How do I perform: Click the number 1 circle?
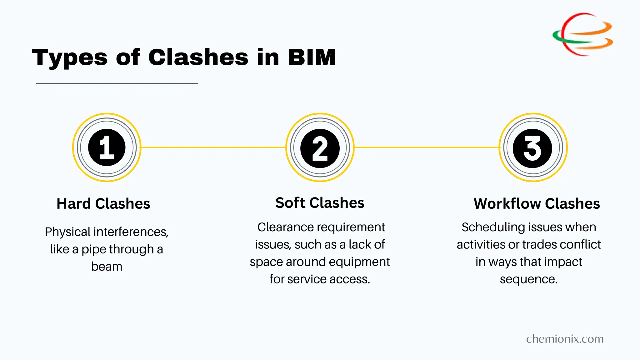click(x=107, y=147)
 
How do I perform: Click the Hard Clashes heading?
click(x=103, y=204)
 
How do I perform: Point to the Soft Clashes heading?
click(x=320, y=203)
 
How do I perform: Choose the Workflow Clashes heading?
click(x=537, y=204)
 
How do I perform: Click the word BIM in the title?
click(x=312, y=57)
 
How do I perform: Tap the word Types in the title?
click(x=70, y=58)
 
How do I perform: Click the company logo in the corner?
click(x=582, y=34)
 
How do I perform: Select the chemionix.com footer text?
click(x=565, y=339)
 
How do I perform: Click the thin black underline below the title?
click(x=117, y=84)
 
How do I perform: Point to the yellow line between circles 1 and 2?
click(x=212, y=147)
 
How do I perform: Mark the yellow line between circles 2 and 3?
click(x=427, y=147)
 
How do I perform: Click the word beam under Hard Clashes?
click(x=107, y=267)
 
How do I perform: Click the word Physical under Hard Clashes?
click(x=67, y=232)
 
